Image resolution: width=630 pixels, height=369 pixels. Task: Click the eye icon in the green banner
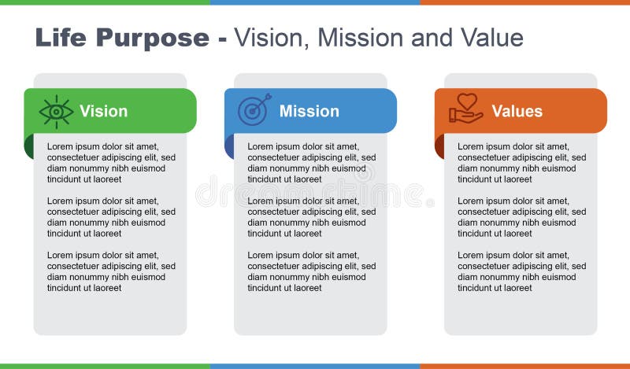pos(56,112)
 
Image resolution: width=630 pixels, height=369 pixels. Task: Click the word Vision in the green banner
pos(103,111)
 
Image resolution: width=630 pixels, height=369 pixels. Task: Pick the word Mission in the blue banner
pos(309,111)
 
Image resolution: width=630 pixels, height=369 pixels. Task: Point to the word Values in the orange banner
pos(517,111)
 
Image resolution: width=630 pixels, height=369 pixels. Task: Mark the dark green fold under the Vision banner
pos(29,146)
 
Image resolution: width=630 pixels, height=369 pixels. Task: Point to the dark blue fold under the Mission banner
pos(229,146)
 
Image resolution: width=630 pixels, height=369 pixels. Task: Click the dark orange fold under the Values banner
pos(439,146)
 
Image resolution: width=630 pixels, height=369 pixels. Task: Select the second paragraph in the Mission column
pos(311,217)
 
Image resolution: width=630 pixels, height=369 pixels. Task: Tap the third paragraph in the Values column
pos(521,271)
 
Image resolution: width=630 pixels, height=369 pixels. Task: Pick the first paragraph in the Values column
pos(521,163)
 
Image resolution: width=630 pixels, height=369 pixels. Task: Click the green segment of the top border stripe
pos(105,2)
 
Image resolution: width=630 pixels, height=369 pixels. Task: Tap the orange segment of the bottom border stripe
pos(524,366)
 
